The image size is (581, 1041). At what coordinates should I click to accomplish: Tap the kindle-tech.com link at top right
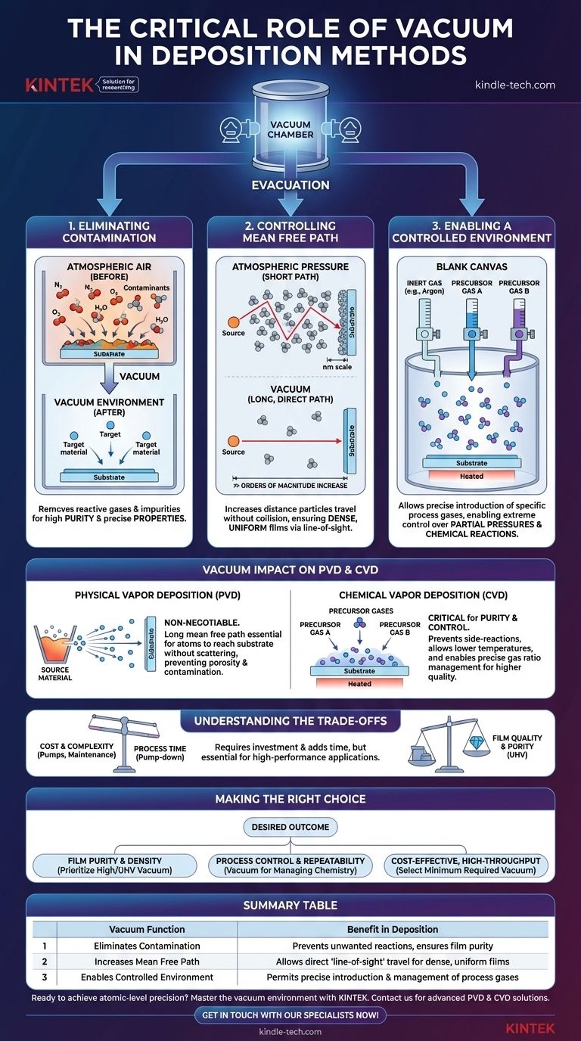[x=514, y=85]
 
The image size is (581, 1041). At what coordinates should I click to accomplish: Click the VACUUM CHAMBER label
[x=290, y=130]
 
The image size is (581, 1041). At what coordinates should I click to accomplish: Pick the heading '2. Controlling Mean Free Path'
[x=290, y=231]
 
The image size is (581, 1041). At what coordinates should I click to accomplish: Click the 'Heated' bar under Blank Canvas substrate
[x=471, y=477]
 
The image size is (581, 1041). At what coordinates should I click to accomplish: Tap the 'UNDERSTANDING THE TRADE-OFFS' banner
[x=290, y=720]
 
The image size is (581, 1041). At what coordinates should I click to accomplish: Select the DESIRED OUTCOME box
[x=290, y=827]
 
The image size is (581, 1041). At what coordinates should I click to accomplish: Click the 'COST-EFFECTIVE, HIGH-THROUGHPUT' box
[x=465, y=865]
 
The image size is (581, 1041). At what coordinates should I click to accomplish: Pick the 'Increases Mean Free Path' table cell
[x=147, y=962]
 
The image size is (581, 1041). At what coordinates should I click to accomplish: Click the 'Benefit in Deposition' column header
[x=393, y=929]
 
